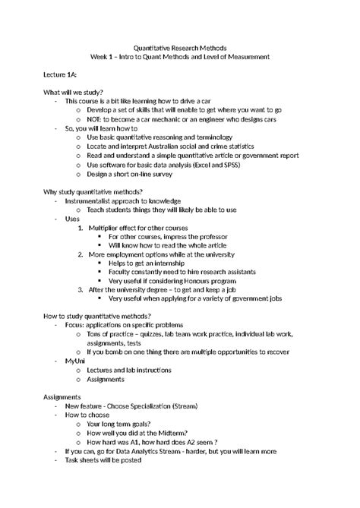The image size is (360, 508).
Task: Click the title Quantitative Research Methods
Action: [x=180, y=47]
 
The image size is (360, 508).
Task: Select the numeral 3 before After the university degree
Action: [x=81, y=289]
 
